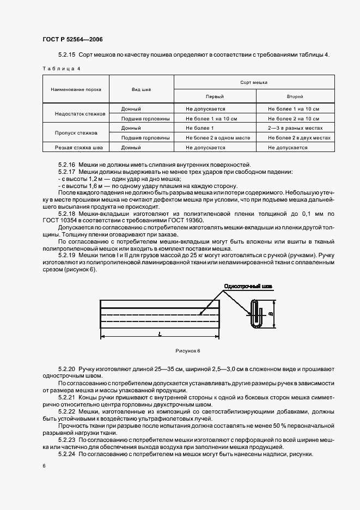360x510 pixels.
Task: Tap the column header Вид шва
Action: pyautogui.click(x=142, y=89)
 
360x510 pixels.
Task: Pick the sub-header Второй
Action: pyautogui.click(x=295, y=96)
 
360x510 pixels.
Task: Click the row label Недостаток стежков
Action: pyautogui.click(x=76, y=114)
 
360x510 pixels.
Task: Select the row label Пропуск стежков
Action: pyautogui.click(x=76, y=132)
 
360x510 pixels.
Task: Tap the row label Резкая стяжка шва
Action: pyautogui.click(x=76, y=147)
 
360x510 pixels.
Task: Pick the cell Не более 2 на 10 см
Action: pyautogui.click(x=294, y=118)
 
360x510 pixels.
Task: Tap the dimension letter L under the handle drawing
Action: pyautogui.click(x=160, y=335)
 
